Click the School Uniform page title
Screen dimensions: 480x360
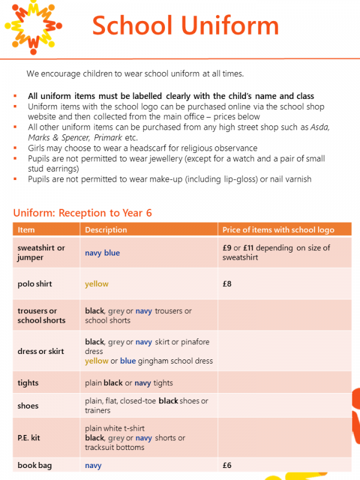pyautogui.click(x=185, y=26)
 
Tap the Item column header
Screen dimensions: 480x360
pyautogui.click(x=26, y=230)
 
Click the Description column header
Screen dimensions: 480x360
pyautogui.click(x=106, y=230)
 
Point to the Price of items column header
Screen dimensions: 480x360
pyautogui.click(x=278, y=230)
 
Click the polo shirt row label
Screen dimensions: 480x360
pyautogui.click(x=35, y=284)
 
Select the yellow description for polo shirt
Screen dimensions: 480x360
pyautogui.click(x=97, y=284)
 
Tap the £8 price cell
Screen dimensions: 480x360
pyautogui.click(x=227, y=284)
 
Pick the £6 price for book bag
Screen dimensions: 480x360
pyautogui.click(x=227, y=465)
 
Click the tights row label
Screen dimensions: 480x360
pyautogui.click(x=28, y=383)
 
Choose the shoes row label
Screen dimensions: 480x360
pyautogui.click(x=28, y=406)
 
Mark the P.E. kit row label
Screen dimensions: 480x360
pyautogui.click(x=29, y=438)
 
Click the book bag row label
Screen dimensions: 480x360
pyautogui.click(x=34, y=465)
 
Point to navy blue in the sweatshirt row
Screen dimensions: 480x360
pyautogui.click(x=103, y=253)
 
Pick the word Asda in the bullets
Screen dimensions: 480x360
pyautogui.click(x=322, y=127)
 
